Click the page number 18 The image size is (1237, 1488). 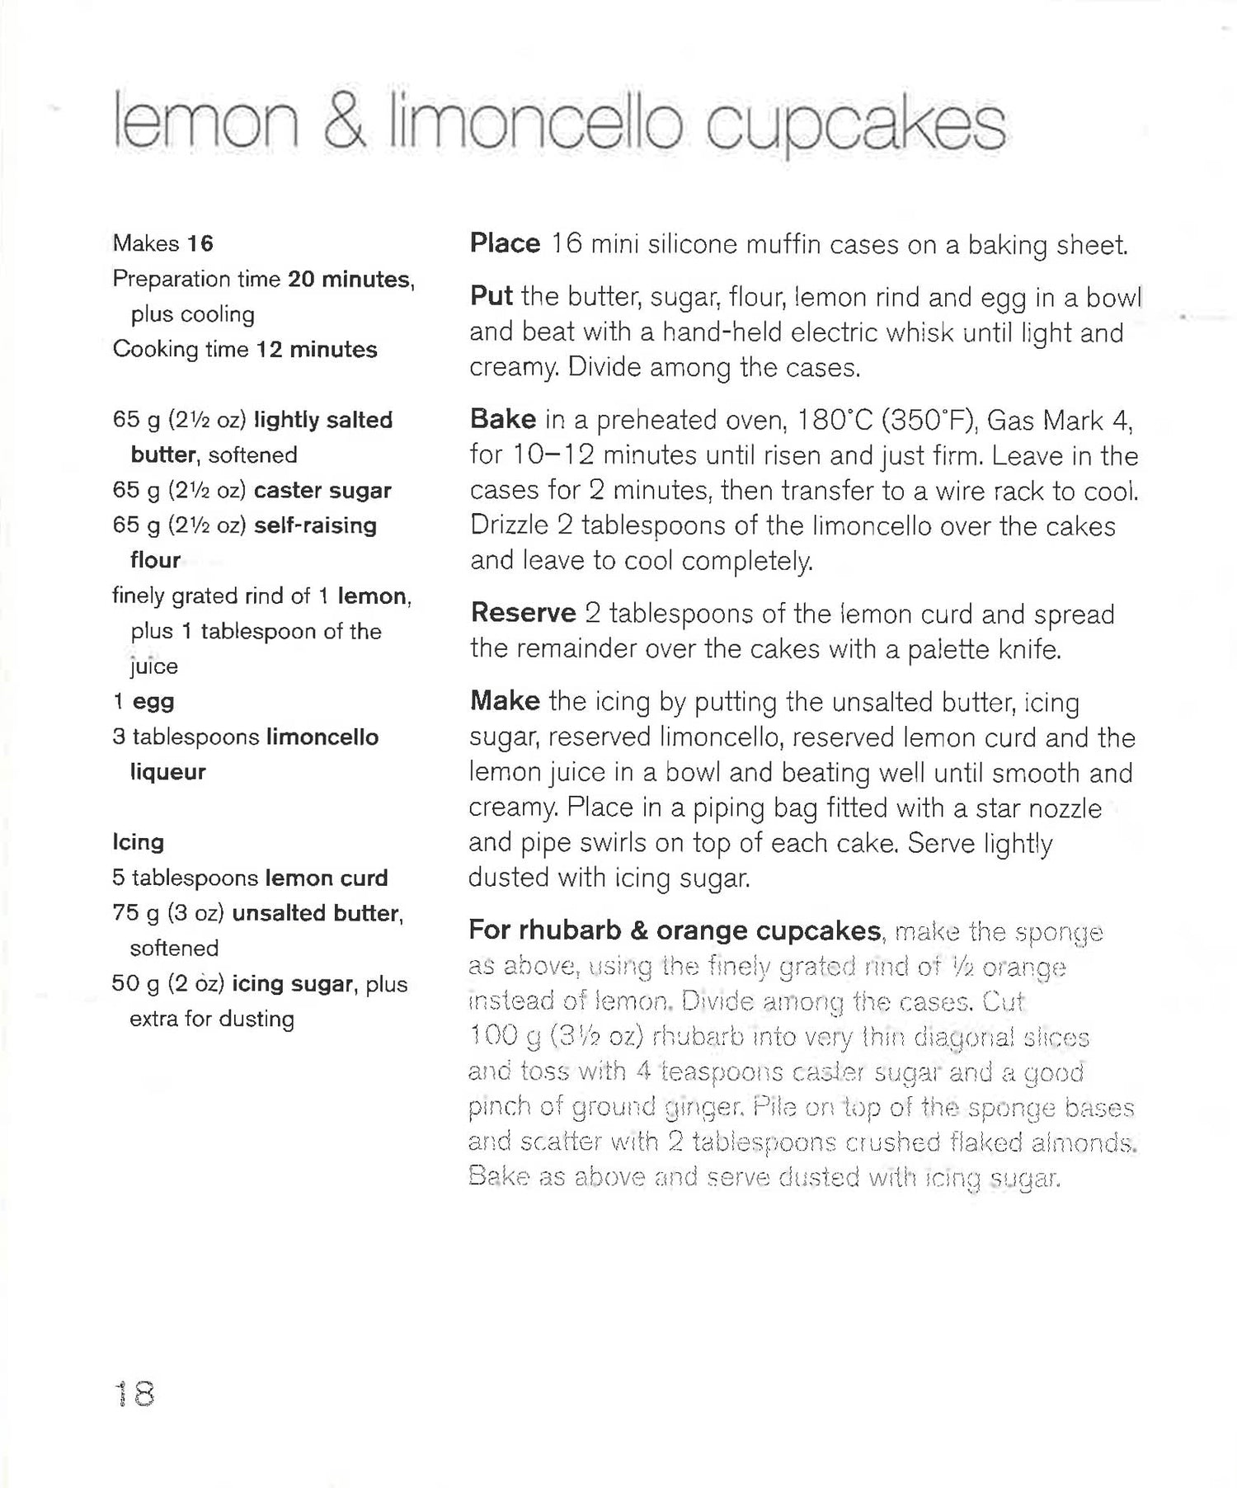tap(134, 1393)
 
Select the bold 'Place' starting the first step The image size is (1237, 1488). tap(505, 244)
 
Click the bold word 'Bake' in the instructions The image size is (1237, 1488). tap(502, 420)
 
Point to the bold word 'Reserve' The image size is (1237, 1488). tap(523, 614)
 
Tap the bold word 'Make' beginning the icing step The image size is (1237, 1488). tap(505, 701)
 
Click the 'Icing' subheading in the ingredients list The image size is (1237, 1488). tap(139, 842)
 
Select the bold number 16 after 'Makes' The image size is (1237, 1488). tap(200, 244)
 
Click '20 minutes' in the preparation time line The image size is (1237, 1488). tap(348, 280)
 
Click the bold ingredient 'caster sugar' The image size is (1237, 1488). tap(322, 491)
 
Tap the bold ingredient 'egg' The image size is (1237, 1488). tap(153, 702)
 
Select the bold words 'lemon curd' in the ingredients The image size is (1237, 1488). tap(327, 878)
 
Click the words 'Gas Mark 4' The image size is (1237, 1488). tap(1059, 421)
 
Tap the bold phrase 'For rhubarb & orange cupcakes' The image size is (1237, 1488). tap(675, 930)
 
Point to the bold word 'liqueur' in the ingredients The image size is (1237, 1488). tap(167, 772)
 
